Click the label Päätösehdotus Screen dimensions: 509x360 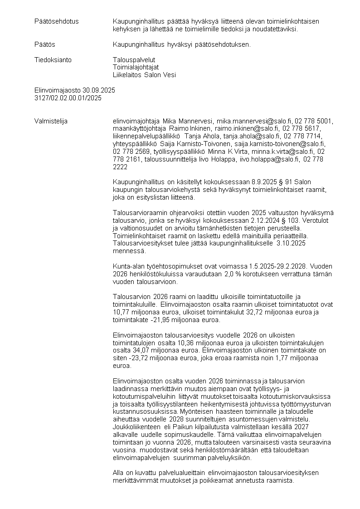(57, 21)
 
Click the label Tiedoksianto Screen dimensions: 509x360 (53, 60)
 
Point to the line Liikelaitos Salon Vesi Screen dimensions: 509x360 (144, 75)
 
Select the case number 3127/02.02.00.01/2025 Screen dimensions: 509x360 (68, 98)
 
